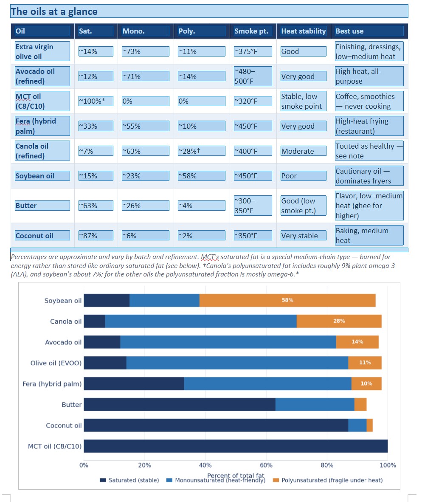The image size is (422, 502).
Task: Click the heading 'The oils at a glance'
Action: tap(54, 11)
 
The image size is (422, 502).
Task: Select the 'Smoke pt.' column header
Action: tap(251, 31)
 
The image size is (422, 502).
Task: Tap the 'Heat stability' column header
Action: tap(303, 31)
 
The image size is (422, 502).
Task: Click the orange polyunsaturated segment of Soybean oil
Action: tap(287, 300)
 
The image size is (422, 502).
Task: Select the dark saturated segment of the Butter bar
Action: tap(180, 404)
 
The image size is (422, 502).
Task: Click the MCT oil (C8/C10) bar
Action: tap(236, 446)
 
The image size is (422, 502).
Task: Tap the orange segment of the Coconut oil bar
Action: tap(369, 425)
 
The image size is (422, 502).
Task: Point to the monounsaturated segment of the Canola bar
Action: tap(201, 321)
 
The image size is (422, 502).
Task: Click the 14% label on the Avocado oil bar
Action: tap(357, 341)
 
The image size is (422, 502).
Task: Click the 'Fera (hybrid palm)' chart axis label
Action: tap(52, 384)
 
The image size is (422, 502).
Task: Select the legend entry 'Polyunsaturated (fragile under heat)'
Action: tap(328, 480)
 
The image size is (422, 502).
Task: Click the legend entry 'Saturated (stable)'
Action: tap(129, 480)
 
